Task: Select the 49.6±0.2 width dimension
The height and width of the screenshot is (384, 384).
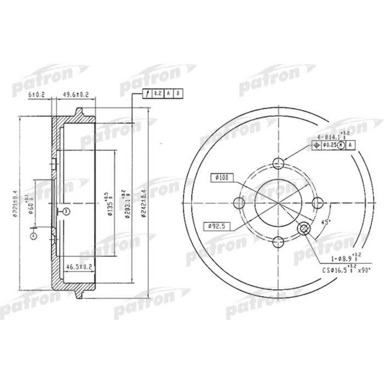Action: click(x=76, y=94)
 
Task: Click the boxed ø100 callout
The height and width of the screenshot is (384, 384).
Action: click(x=222, y=177)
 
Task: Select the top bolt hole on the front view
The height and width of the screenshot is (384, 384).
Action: click(x=278, y=163)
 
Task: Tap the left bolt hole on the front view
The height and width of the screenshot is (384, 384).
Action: click(x=239, y=203)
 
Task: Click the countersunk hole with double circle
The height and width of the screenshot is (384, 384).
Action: click(x=303, y=228)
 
